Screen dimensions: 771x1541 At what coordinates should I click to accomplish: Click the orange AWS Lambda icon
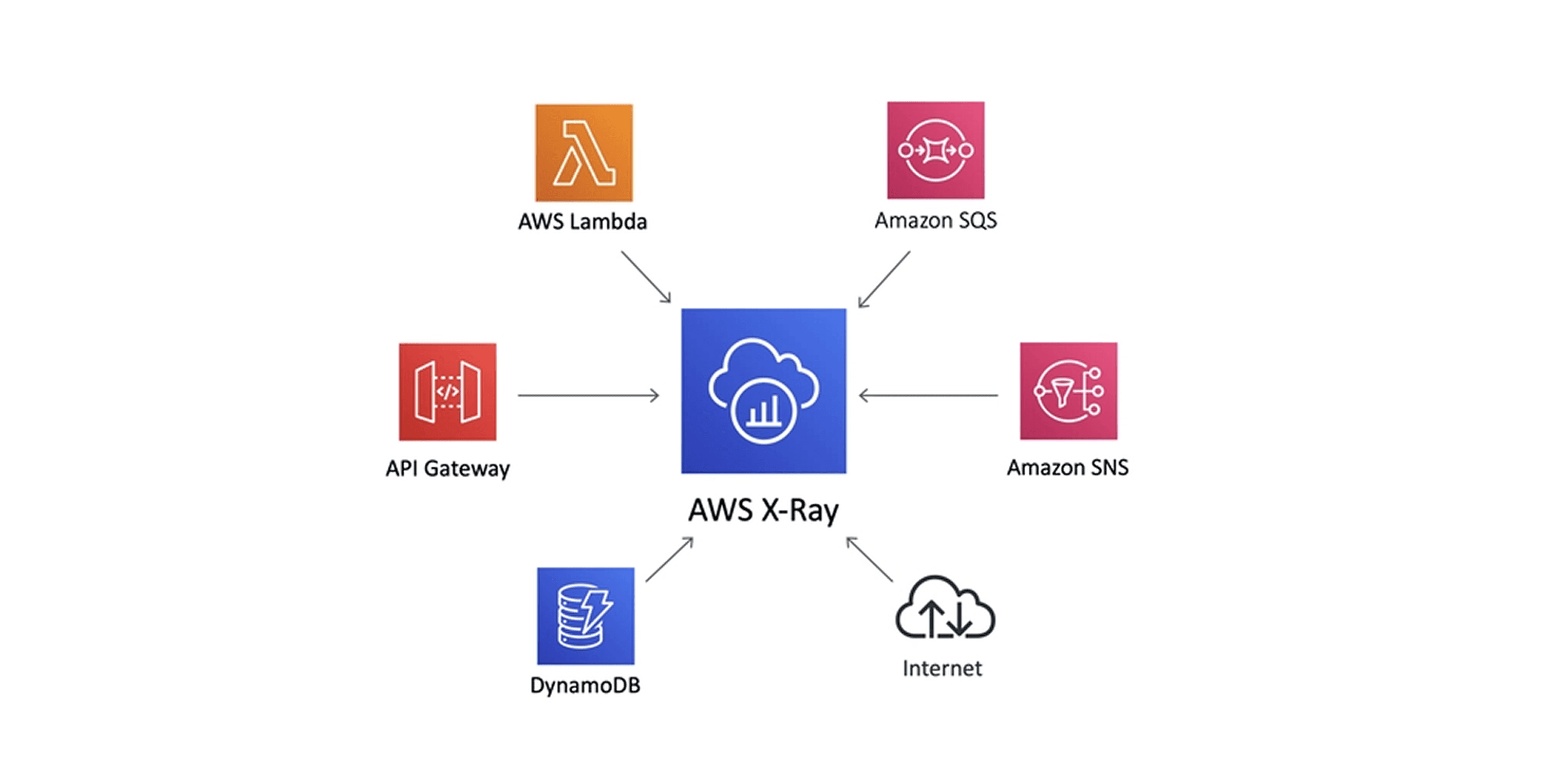[584, 153]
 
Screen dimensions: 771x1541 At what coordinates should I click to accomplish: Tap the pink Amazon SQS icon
[935, 150]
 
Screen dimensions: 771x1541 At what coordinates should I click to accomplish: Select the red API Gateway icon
[447, 392]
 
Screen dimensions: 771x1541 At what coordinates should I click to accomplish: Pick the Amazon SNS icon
[1068, 391]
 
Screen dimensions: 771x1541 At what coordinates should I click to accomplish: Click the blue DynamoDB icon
[586, 616]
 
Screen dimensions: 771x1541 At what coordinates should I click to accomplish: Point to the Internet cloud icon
[945, 608]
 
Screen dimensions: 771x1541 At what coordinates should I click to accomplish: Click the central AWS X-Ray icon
[764, 391]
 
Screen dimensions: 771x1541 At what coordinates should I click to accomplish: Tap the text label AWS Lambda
[582, 222]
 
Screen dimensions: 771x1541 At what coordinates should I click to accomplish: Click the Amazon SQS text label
[935, 221]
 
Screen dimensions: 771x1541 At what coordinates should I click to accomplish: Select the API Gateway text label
[447, 469]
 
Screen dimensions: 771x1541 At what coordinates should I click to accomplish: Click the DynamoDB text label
[585, 685]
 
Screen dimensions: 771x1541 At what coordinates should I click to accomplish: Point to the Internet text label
[942, 669]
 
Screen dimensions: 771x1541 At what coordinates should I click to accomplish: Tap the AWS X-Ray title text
[763, 510]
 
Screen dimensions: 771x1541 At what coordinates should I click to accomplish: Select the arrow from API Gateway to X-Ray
[588, 395]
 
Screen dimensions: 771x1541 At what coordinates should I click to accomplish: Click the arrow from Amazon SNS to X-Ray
[928, 395]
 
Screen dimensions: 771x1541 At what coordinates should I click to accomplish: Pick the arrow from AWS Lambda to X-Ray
[646, 277]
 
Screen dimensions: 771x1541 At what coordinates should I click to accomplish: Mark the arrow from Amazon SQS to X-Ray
[884, 279]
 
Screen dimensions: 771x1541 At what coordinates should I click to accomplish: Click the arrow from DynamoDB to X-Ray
[669, 559]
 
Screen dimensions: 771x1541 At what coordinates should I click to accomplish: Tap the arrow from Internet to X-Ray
[869, 560]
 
